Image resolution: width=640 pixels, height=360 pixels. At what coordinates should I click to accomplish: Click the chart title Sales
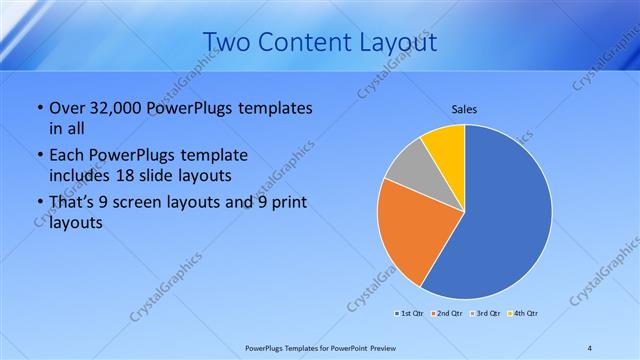click(x=465, y=107)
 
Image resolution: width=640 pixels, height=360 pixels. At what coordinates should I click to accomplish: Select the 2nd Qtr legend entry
click(x=446, y=313)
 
